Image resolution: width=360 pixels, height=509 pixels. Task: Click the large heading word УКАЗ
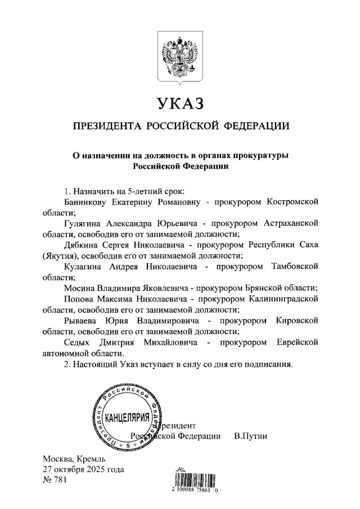(179, 104)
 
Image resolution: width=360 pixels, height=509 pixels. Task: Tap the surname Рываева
(83, 320)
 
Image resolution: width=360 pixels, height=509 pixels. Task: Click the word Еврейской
(297, 341)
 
